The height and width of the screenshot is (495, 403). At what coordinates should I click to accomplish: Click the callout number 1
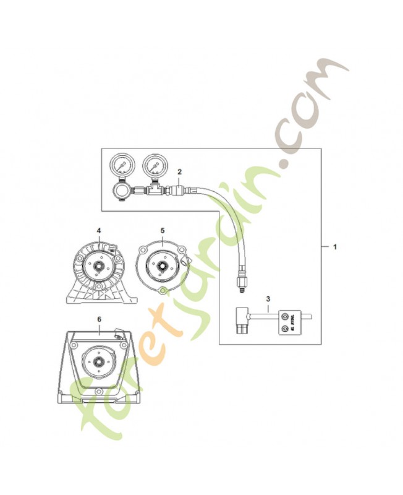point(334,246)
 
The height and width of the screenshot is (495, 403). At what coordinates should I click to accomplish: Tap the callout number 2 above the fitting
point(179,171)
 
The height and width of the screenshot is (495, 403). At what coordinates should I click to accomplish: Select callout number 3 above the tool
point(268,299)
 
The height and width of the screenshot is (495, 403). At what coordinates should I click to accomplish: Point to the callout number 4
point(98,230)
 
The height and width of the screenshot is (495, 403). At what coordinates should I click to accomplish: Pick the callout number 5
point(162,230)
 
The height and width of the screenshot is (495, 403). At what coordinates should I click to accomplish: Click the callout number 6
point(99,319)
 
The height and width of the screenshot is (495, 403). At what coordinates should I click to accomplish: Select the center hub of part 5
point(162,266)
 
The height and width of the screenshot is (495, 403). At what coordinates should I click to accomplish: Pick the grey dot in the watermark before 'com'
point(285,165)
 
